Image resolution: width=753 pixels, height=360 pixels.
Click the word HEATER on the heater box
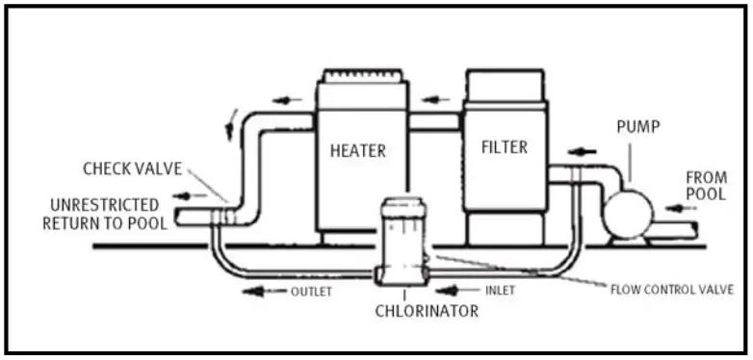[x=358, y=151]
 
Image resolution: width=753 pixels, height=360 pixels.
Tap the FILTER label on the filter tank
[x=505, y=147]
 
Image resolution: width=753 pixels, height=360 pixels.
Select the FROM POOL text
[x=705, y=186]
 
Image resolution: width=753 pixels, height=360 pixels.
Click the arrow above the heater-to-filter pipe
[x=435, y=98]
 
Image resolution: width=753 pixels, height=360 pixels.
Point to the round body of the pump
[x=627, y=211]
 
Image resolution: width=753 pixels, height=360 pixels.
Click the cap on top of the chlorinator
[x=404, y=206]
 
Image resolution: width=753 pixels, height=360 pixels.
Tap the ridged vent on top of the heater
[x=362, y=74]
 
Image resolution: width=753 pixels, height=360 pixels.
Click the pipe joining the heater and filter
[x=435, y=122]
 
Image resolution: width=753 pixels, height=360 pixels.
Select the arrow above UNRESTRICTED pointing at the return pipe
[x=188, y=195]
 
